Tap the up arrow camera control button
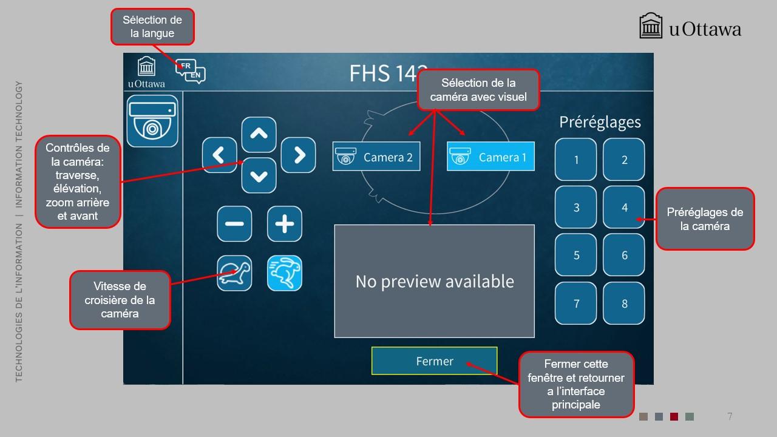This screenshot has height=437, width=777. [259, 134]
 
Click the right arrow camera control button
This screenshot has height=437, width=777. [298, 155]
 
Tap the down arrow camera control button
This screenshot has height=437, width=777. [259, 175]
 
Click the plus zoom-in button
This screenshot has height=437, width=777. [285, 224]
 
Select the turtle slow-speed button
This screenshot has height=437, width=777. [234, 273]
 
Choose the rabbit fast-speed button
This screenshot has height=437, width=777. [285, 273]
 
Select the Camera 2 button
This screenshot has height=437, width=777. [376, 156]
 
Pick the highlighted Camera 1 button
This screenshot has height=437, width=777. [490, 156]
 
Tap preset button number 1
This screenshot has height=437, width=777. [576, 159]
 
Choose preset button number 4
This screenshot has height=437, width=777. [624, 207]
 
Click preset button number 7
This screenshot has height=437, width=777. [576, 303]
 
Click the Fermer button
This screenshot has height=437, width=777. [434, 361]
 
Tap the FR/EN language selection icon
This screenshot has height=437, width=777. [191, 71]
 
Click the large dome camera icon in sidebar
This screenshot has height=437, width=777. [152, 121]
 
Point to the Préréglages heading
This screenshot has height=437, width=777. [600, 123]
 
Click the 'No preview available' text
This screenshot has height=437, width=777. [435, 281]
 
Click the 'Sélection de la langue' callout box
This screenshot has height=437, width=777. [152, 27]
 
